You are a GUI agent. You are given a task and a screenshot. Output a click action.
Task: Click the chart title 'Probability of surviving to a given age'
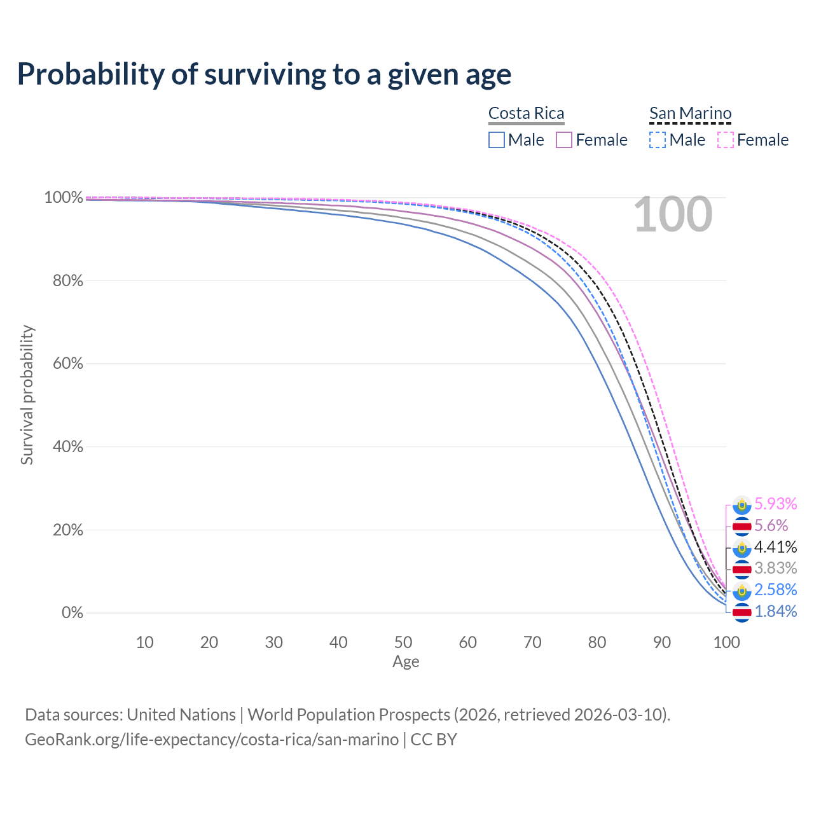click(x=264, y=74)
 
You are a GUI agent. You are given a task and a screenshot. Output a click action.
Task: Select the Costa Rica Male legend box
click(x=497, y=140)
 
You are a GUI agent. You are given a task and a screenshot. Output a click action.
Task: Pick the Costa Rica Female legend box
click(x=565, y=140)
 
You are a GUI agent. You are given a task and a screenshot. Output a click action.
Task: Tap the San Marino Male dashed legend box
click(x=658, y=140)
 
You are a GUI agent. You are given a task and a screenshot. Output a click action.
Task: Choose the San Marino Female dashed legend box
click(x=726, y=140)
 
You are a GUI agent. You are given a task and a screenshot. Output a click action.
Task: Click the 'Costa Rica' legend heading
click(x=526, y=113)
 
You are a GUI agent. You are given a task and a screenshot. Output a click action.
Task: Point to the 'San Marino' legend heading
click(x=690, y=113)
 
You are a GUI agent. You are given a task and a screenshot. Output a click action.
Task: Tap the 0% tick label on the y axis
click(x=72, y=613)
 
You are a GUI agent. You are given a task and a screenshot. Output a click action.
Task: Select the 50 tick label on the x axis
click(x=403, y=642)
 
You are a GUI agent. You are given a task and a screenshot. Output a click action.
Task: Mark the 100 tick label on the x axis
click(x=726, y=642)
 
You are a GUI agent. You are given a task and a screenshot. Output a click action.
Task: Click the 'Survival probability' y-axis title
click(x=27, y=395)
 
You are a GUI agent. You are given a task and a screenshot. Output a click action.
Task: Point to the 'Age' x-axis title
click(x=406, y=662)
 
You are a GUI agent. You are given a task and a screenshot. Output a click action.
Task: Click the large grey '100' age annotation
click(x=673, y=215)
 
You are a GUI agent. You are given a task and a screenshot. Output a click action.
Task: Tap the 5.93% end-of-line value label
click(x=775, y=504)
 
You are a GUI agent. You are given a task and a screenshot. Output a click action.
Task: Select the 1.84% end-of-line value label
click(x=775, y=612)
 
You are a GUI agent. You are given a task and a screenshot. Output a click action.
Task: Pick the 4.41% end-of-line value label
click(x=775, y=547)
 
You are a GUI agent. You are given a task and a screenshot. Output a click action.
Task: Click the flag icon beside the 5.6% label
click(x=742, y=526)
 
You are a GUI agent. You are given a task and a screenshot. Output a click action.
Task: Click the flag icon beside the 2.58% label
click(x=742, y=591)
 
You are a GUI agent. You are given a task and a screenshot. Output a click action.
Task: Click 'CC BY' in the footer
click(x=434, y=740)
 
